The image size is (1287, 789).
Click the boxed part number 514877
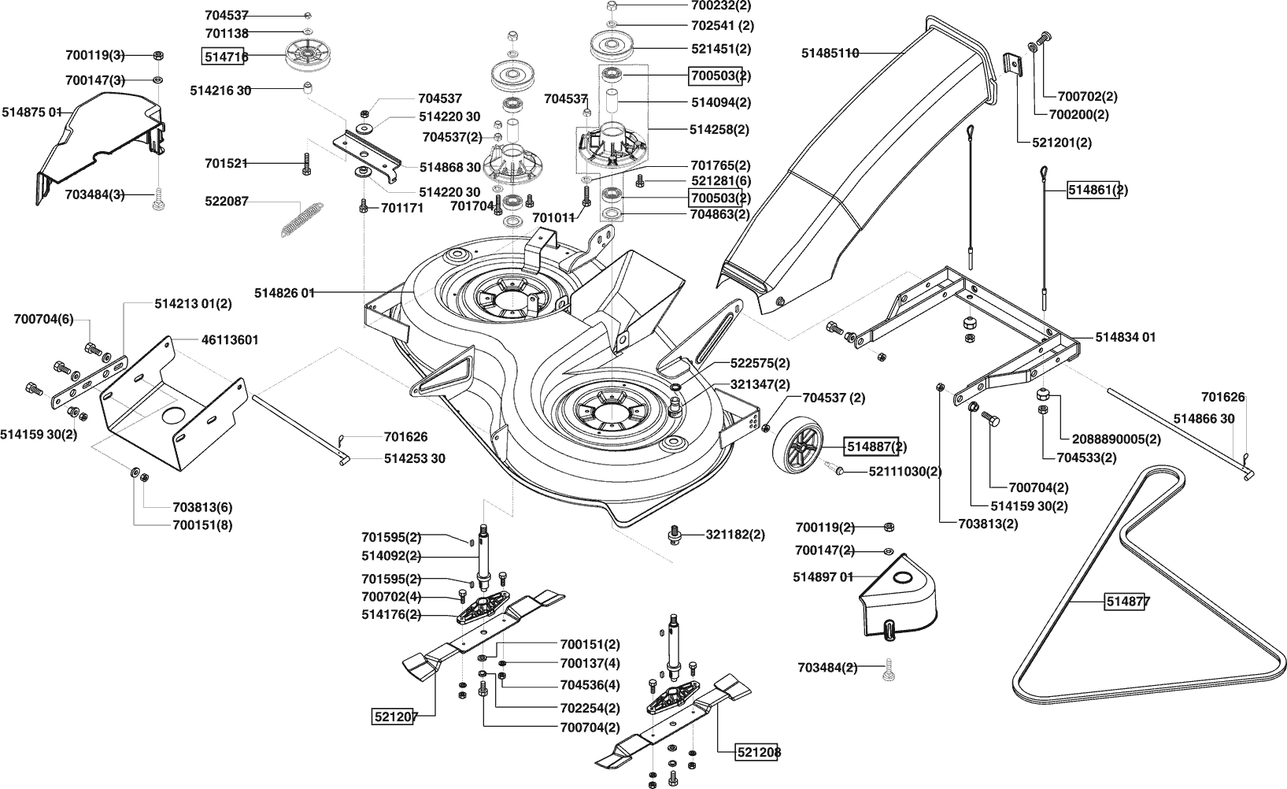click(1128, 602)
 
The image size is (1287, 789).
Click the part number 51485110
click(830, 54)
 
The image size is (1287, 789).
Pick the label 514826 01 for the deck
click(284, 293)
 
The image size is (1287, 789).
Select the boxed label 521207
click(394, 717)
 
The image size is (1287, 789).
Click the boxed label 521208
click(759, 752)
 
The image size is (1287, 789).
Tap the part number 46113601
click(230, 340)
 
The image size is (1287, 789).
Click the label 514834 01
click(1126, 337)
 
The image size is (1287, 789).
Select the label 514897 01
click(823, 577)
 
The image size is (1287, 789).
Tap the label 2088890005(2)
click(1116, 439)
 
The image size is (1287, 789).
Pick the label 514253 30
click(414, 458)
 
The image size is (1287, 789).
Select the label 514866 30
click(1204, 419)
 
